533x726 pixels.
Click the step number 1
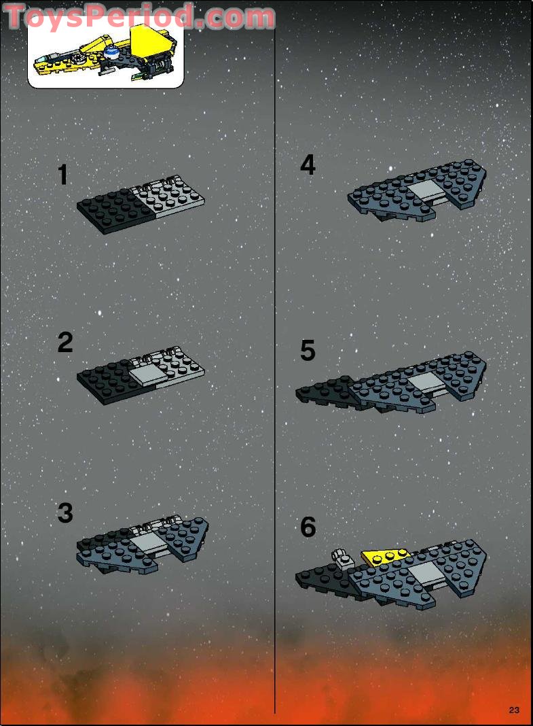(63, 175)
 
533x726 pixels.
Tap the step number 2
(65, 343)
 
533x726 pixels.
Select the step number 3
(65, 513)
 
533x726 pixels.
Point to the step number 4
(308, 165)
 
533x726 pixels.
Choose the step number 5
(308, 351)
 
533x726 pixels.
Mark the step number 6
(308, 527)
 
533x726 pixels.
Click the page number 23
(513, 710)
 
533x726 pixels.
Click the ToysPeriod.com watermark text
(139, 16)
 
